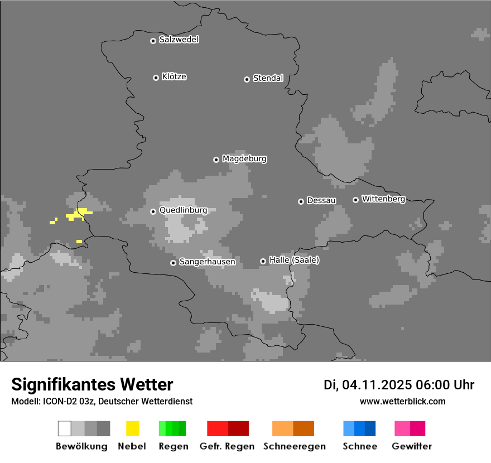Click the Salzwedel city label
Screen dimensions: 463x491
(179, 40)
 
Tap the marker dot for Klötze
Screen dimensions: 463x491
(156, 78)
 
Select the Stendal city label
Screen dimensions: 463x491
(268, 78)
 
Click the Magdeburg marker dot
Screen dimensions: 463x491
(216, 160)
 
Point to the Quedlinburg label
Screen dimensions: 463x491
(183, 210)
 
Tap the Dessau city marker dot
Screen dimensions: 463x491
(301, 201)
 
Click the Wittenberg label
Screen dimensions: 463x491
(383, 199)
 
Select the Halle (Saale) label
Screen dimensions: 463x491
(294, 260)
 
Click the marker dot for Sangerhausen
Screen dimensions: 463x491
(173, 263)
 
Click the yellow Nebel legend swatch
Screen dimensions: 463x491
(132, 428)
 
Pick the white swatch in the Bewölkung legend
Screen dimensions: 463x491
(64, 428)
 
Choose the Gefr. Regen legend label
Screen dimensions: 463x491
(227, 446)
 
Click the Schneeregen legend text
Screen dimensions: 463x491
(295, 446)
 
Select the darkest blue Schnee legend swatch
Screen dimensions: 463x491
(370, 428)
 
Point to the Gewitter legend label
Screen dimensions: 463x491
(412, 446)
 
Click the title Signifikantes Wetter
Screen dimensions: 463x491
(92, 384)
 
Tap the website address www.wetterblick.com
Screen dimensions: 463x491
(402, 401)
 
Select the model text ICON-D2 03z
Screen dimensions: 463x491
(68, 401)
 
